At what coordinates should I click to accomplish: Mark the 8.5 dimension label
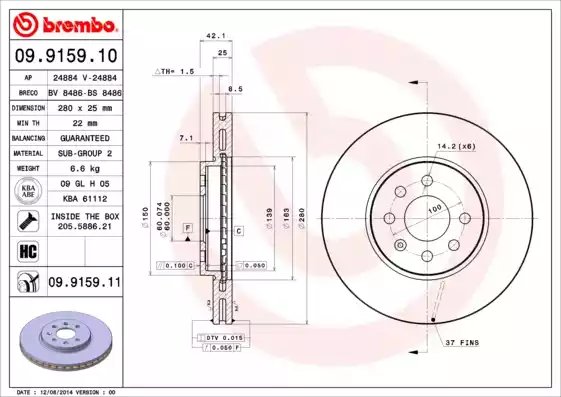236,90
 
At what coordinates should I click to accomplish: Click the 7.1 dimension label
185,137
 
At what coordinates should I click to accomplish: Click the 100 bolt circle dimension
435,209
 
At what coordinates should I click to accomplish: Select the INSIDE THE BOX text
84,216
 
